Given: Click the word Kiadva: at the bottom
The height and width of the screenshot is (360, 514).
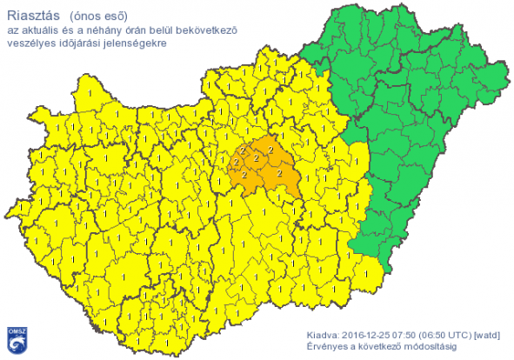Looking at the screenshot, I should tap(323, 334).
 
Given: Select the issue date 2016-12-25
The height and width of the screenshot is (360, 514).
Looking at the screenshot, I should tap(369, 334).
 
